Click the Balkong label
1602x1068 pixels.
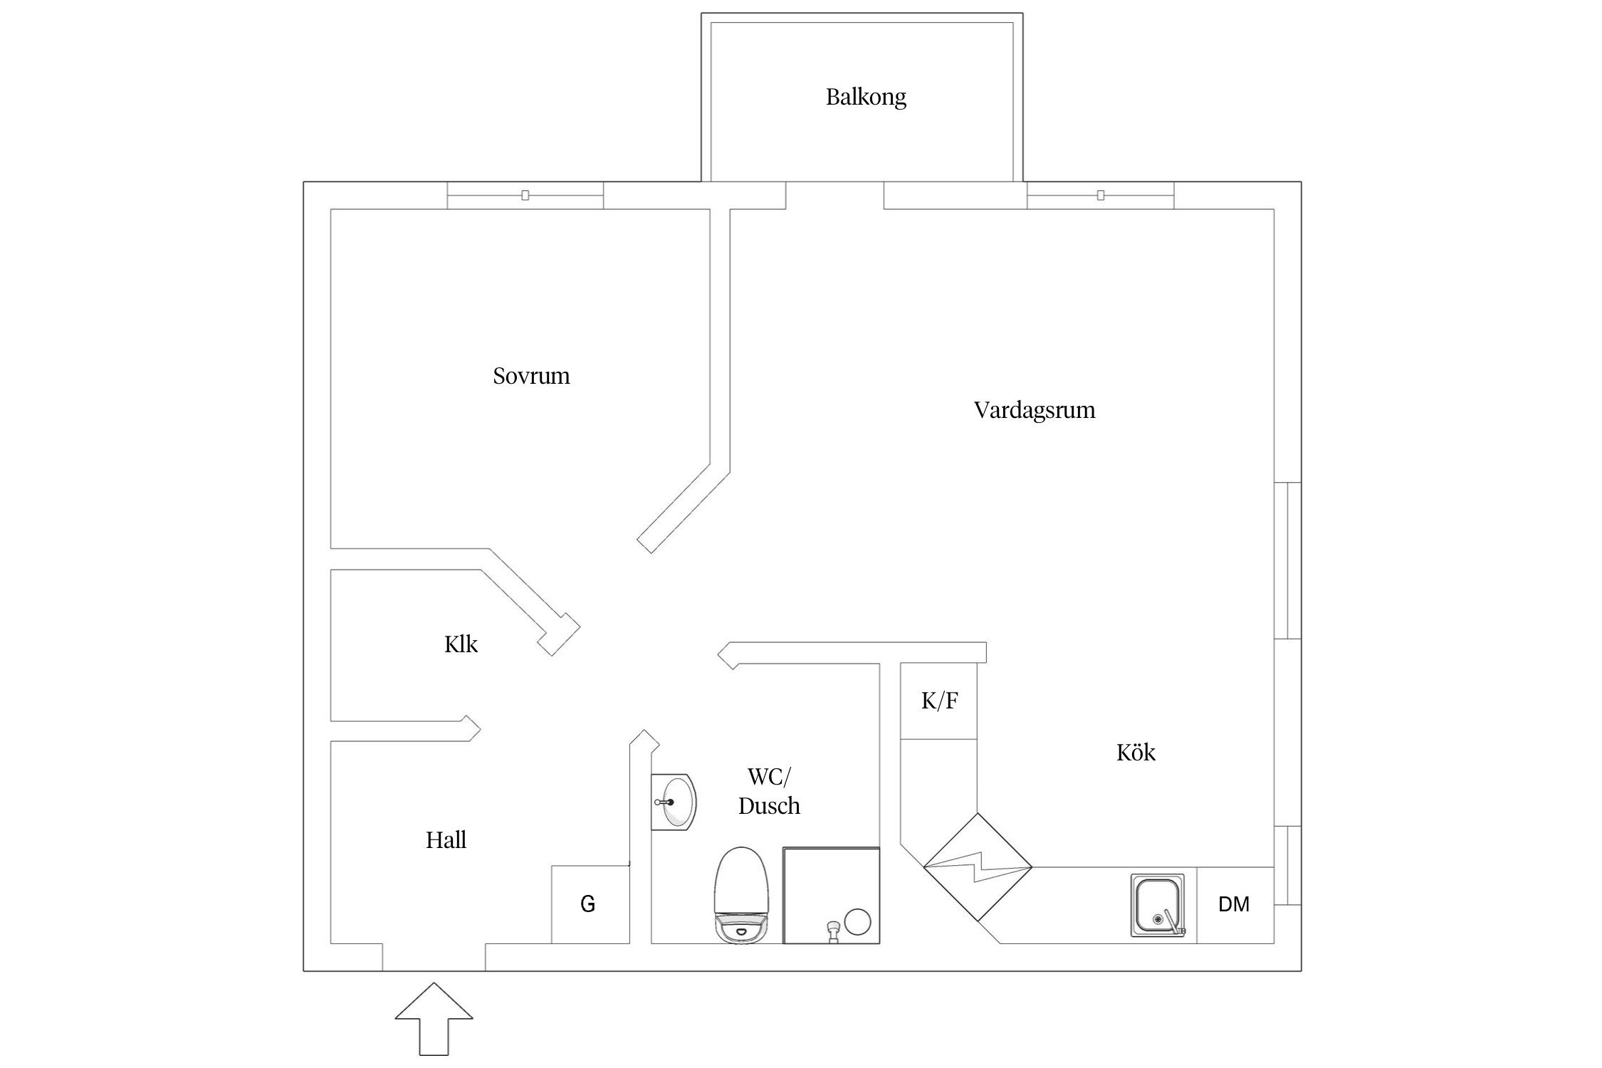[x=866, y=97]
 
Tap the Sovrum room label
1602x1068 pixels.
[x=531, y=376]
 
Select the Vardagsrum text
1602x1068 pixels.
[x=1034, y=410]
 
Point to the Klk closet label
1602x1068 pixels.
[x=461, y=644]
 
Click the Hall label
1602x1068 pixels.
[x=446, y=840]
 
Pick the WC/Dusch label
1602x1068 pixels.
[x=769, y=791]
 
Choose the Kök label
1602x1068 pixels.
[x=1136, y=753]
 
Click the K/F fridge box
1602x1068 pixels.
[x=938, y=701]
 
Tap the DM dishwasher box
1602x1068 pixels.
[x=1234, y=905]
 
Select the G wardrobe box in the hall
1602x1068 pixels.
[x=589, y=904]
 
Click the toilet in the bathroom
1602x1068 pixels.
[x=742, y=896]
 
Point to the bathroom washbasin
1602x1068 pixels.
[x=674, y=802]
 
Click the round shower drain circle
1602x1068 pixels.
[x=857, y=922]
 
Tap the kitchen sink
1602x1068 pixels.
[x=1158, y=905]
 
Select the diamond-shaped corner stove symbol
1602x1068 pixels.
[x=978, y=867]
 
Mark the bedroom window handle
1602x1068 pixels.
[x=525, y=195]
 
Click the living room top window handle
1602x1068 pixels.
[x=1101, y=195]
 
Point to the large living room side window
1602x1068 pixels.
[x=1287, y=560]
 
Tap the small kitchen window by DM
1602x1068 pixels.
[x=1287, y=865]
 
